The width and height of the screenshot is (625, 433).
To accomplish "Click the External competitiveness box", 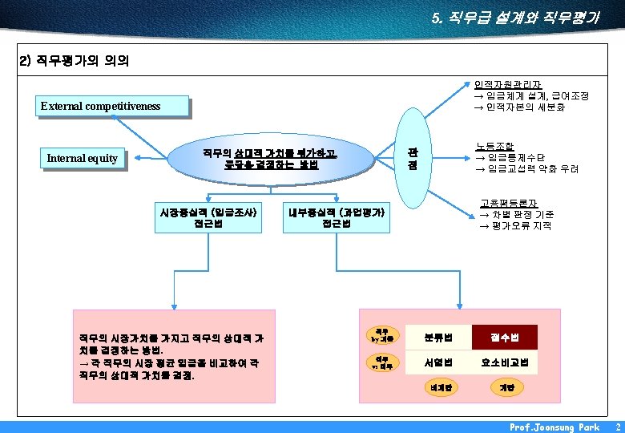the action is [x=115, y=106].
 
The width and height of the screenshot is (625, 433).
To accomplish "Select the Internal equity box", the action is [x=83, y=159].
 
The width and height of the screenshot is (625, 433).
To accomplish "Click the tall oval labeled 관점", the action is [x=412, y=158].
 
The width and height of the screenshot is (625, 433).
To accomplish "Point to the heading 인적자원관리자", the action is [x=507, y=84].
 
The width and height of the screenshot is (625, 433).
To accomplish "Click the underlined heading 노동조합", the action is [x=494, y=147].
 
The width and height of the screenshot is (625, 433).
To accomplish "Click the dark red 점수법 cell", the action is [x=504, y=337].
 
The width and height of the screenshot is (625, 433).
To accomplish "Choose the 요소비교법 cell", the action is [x=504, y=363].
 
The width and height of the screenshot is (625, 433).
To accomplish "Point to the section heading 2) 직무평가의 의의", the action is [x=74, y=61].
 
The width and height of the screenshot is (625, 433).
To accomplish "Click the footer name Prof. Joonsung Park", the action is [x=554, y=427].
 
